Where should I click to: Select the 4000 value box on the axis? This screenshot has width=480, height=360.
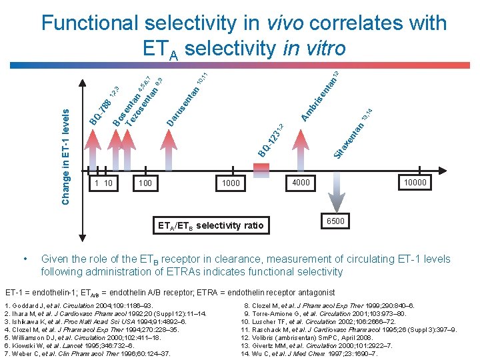(x=301, y=182)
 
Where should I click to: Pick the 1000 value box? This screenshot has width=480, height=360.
(x=231, y=182)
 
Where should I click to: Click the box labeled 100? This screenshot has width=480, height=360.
(x=145, y=182)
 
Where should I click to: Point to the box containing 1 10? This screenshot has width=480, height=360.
(x=103, y=182)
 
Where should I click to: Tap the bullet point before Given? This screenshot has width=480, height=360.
(x=25, y=258)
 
